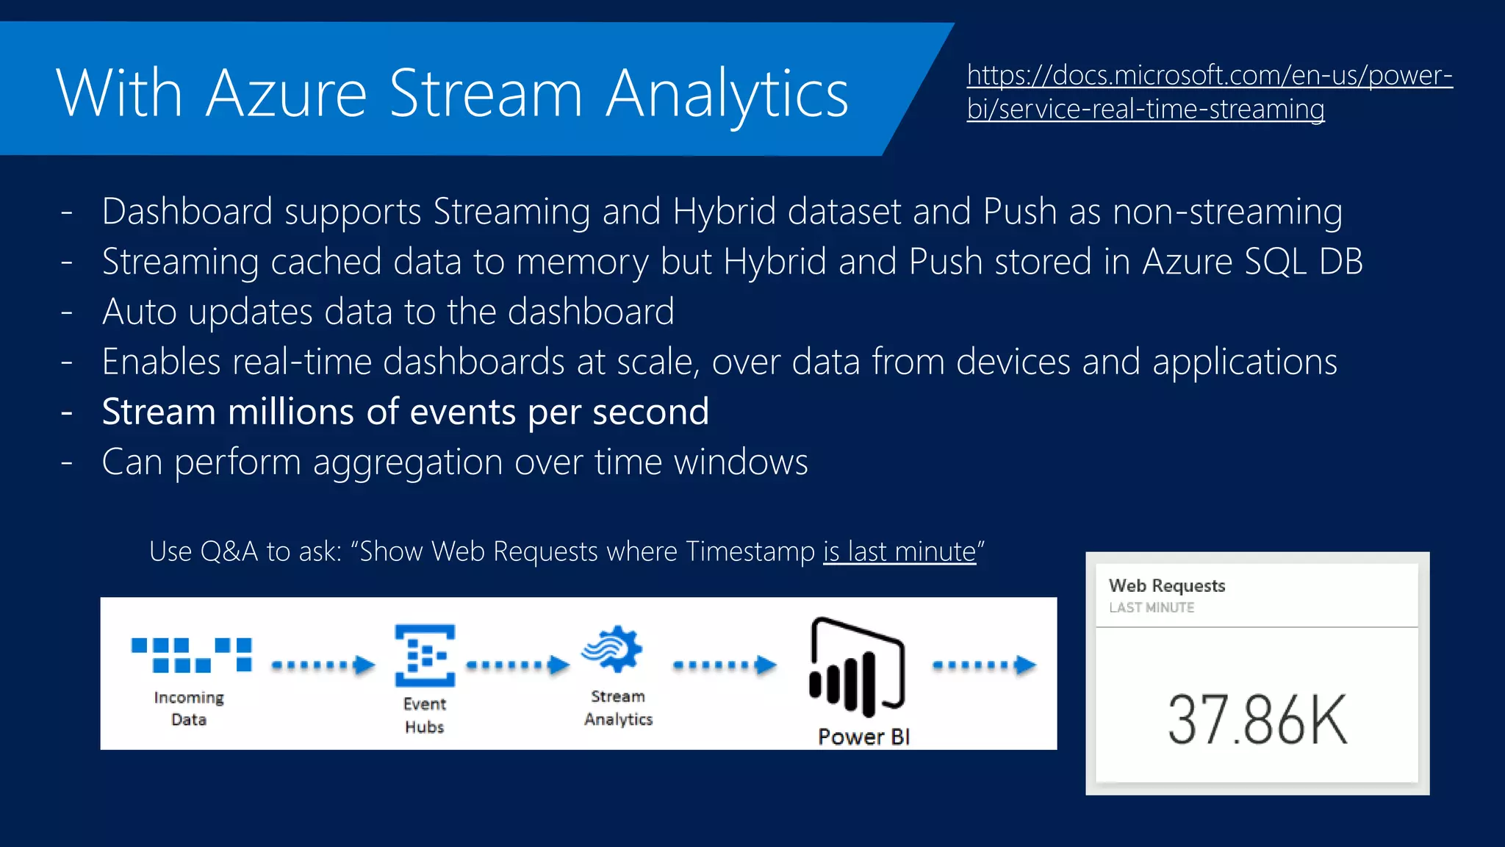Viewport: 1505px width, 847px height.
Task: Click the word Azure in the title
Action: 286,94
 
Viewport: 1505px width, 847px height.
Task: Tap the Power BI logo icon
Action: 857,668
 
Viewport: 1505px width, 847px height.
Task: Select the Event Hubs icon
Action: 425,655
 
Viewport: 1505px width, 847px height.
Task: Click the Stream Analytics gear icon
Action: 613,649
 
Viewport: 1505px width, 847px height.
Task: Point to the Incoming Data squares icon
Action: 191,654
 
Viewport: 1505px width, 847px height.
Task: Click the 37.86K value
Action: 1257,721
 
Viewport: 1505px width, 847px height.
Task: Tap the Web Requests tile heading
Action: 1167,586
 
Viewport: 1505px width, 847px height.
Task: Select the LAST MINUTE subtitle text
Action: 1152,607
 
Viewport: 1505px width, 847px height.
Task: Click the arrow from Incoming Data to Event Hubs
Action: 323,665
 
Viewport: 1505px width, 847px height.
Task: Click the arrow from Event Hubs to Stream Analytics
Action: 518,665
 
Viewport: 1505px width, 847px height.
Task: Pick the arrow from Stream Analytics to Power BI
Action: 725,665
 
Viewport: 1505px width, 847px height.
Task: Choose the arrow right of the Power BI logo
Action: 985,665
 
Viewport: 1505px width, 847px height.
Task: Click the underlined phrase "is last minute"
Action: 899,551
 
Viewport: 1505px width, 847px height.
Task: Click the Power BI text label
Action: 863,737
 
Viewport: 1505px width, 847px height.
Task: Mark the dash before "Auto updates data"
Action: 67,312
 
